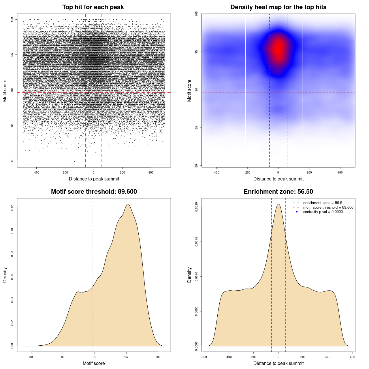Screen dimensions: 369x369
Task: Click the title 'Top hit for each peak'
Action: pos(93,7)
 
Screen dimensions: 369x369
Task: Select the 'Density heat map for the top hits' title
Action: pos(278,7)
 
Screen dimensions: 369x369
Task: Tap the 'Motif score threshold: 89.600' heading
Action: pos(94,192)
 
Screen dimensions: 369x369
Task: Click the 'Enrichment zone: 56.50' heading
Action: pos(278,192)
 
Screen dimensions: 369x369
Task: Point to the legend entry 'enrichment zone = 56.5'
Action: pos(323,203)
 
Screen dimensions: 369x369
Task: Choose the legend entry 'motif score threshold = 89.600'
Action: pos(328,207)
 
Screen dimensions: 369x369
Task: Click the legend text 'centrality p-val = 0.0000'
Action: pos(323,212)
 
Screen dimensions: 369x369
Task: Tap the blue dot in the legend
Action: pos(297,212)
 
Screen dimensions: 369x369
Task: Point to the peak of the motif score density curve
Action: pos(128,204)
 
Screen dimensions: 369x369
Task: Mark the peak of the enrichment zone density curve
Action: pos(278,204)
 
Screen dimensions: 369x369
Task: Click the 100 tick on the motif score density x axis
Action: pos(158,357)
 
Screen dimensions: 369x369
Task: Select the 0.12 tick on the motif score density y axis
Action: pos(12,208)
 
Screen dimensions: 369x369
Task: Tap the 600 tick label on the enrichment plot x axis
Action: pos(352,357)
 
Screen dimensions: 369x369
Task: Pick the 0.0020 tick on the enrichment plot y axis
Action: pos(197,207)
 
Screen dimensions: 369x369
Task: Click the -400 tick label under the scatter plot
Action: pos(36,172)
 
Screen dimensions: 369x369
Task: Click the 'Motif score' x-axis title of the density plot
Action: pos(94,363)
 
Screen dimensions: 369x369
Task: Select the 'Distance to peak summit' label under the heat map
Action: pos(278,179)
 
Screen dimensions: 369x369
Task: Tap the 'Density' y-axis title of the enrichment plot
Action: pos(189,275)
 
